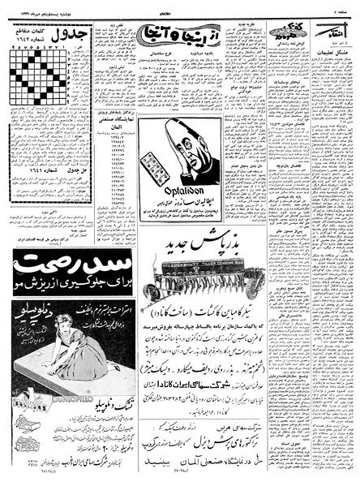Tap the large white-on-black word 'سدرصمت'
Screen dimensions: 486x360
pyautogui.click(x=63, y=286)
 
